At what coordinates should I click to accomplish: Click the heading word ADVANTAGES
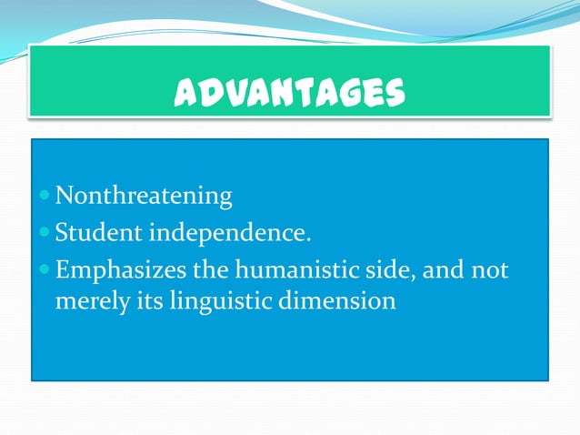pos(290,92)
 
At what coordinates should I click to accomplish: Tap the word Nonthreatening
pos(144,196)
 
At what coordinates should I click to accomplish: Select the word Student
pos(98,234)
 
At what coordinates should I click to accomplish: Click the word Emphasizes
pos(121,271)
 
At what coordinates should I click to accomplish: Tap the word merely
pos(90,300)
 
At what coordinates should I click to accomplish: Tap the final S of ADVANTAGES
pos(394,92)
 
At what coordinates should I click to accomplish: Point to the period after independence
pos(308,239)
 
